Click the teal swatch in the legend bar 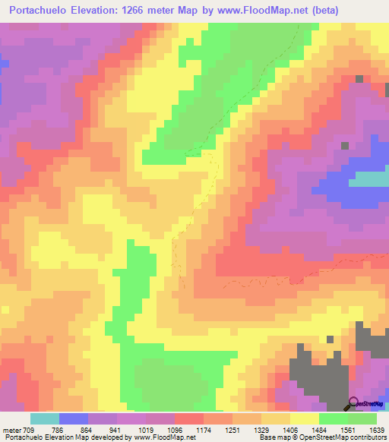tap(44, 418)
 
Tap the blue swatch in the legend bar tap(74, 418)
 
